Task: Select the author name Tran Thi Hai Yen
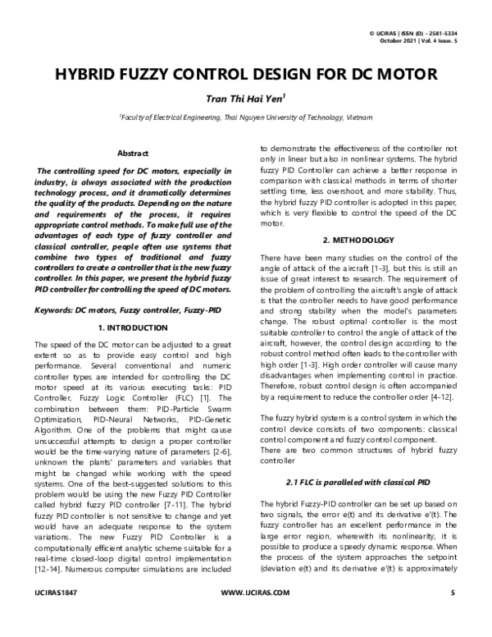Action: [244, 99]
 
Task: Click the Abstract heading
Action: [133, 154]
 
